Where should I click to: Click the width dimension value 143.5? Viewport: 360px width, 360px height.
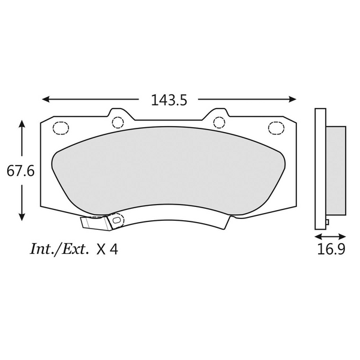169,100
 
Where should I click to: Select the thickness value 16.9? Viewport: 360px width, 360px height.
331,249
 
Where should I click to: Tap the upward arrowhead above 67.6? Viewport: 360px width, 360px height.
22,124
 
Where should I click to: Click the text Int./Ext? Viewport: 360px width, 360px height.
59,249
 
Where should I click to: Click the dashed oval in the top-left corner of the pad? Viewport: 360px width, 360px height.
61,127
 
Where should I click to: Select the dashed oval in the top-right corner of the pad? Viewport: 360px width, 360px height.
277,127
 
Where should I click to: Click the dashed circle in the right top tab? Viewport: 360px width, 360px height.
220,122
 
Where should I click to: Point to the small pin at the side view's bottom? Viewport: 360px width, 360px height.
327,224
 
